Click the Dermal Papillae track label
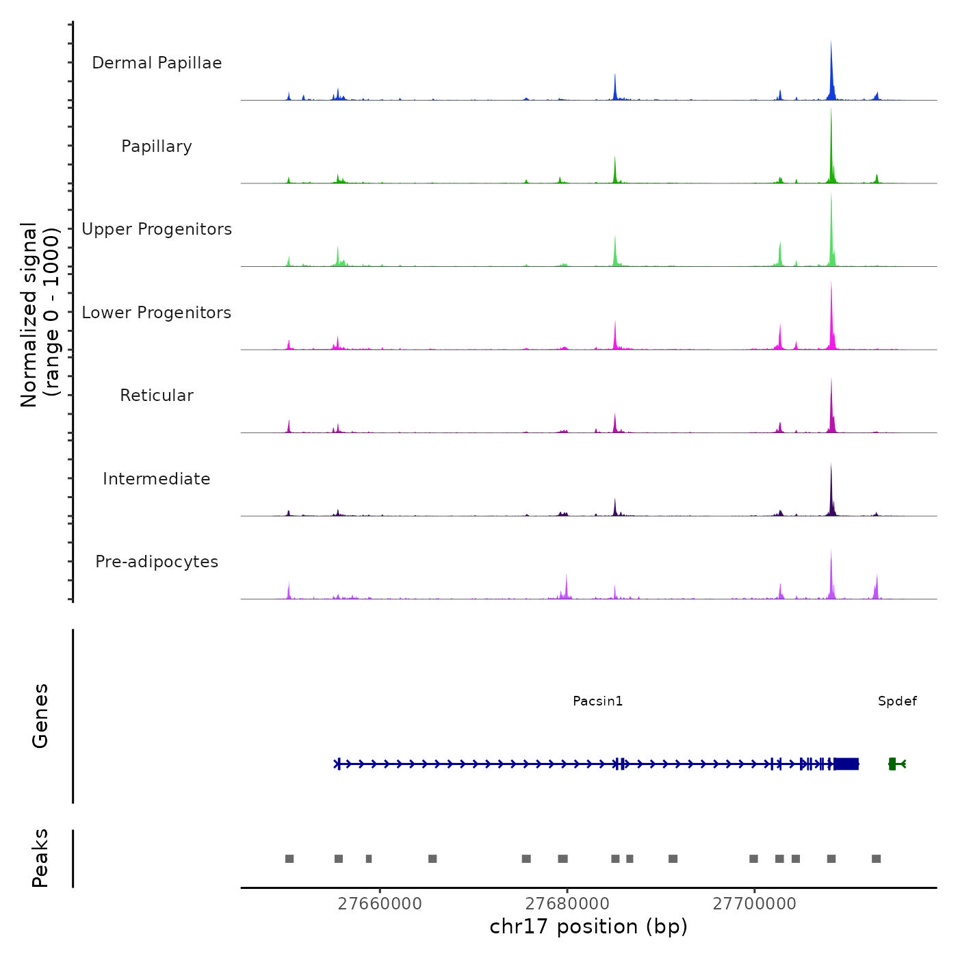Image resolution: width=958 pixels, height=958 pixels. coord(157,63)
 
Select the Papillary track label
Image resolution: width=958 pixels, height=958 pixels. coord(157,146)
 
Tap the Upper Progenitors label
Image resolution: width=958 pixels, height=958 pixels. coord(157,229)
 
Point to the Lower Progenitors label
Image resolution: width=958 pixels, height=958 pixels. coord(157,313)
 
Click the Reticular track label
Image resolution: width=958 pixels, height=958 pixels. coord(157,396)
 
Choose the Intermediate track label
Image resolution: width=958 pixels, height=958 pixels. coord(157,479)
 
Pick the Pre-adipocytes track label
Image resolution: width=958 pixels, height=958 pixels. coord(157,562)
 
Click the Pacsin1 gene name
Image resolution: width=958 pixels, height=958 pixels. coord(597,701)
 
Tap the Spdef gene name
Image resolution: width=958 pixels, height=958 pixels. coord(897,701)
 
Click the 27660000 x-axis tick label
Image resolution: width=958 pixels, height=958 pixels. coord(380,904)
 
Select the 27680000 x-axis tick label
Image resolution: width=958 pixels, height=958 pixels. coord(567,904)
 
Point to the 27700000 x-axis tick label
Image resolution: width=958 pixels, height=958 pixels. coord(755,904)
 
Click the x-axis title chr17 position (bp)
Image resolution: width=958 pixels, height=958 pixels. coord(588,927)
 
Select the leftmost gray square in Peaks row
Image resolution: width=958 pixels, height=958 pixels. coord(289,859)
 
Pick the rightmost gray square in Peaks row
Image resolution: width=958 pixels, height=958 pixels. coord(876,859)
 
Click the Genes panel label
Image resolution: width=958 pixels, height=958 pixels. coord(40,715)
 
